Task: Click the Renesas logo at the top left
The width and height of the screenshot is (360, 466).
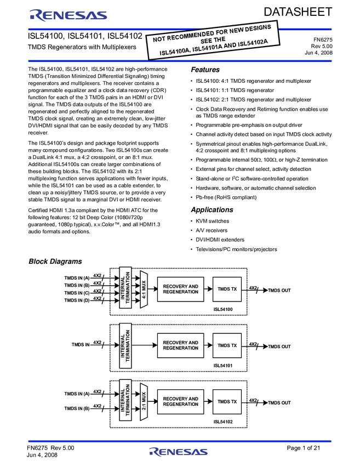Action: coord(68,15)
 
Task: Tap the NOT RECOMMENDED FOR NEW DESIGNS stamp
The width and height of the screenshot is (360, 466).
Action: coord(213,41)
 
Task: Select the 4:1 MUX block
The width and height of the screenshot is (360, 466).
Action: coord(144,289)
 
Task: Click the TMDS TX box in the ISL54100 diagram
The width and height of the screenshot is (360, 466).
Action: coord(227,289)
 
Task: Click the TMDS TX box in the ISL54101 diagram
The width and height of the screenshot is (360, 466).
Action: coord(227,345)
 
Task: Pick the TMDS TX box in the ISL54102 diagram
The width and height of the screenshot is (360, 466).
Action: coord(227,402)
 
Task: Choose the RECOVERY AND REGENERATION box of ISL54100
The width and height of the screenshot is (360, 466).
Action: coord(180,289)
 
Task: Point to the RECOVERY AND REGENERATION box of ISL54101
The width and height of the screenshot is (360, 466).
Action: coord(180,345)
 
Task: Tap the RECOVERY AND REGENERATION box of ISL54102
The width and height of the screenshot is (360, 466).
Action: coord(180,402)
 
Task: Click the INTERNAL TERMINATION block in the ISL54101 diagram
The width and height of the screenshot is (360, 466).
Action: coord(125,345)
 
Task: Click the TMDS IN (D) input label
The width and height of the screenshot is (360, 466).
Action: coord(77,300)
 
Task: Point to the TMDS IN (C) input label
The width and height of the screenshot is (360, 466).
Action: coord(77,293)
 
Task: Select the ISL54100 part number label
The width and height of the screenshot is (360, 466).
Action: coord(224,310)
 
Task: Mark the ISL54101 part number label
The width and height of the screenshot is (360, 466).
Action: coord(224,366)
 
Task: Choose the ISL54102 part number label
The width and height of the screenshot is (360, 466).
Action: coord(224,422)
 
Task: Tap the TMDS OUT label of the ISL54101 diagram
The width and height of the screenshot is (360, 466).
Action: coord(279,346)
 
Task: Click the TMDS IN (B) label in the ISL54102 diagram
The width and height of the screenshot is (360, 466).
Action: coord(77,408)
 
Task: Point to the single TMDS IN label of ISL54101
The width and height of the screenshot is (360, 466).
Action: coord(80,345)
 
